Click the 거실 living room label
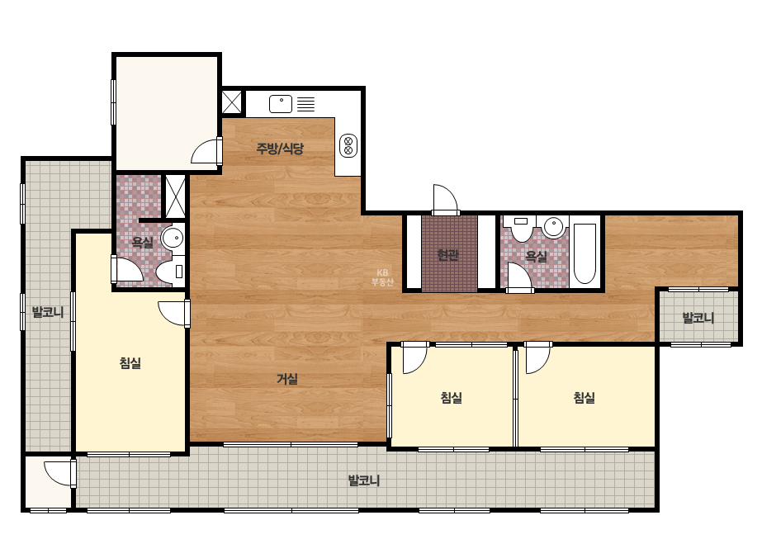287,379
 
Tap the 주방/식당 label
280,149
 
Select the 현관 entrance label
448,255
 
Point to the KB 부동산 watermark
382,277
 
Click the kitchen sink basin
281,104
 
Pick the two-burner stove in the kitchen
348,145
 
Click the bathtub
585,253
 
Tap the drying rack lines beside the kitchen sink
306,104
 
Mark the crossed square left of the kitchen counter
232,102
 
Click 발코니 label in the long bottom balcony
364,480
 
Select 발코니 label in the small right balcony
698,319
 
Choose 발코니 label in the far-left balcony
48,312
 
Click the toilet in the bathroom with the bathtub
521,229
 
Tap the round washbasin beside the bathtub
553,226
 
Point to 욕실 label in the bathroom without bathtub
142,242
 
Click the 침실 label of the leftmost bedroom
130,363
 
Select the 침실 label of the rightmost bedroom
585,398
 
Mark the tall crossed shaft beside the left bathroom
176,196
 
